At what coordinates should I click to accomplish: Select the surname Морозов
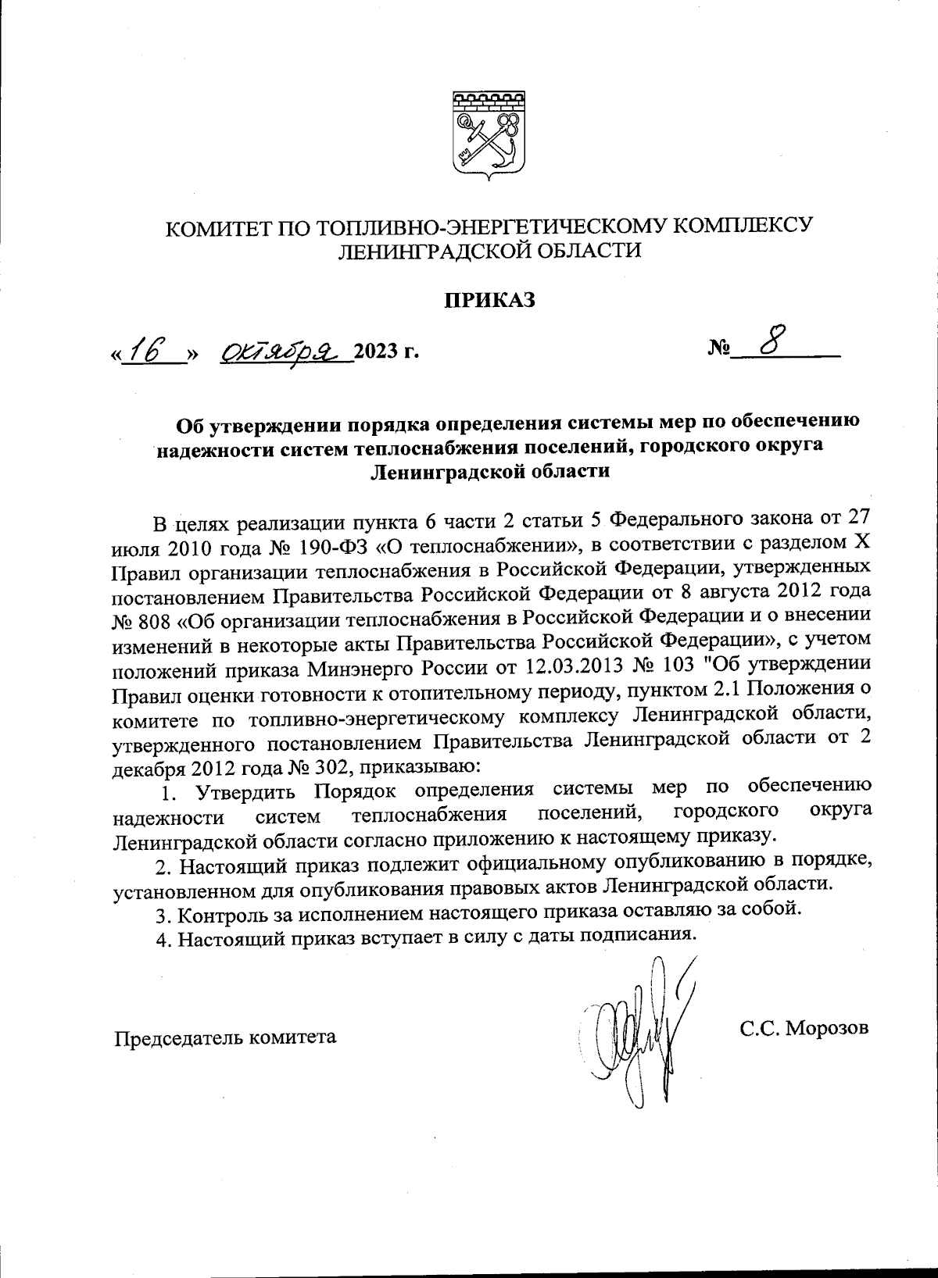[827, 1029]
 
